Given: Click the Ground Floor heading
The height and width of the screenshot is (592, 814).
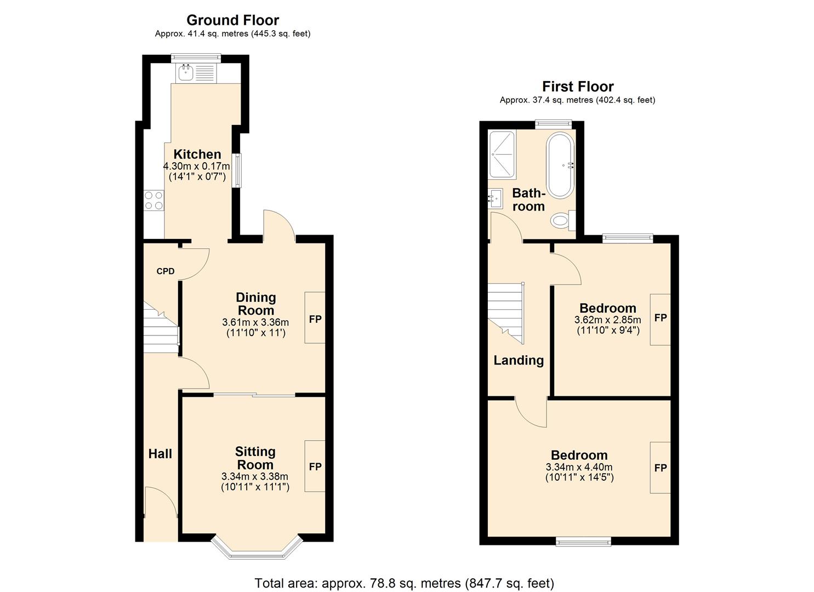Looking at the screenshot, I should [232, 20].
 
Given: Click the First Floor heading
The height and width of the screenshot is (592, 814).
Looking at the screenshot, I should [578, 87].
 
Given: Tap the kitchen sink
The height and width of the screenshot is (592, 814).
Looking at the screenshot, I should [187, 72].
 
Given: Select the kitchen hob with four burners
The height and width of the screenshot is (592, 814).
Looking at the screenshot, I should [153, 200].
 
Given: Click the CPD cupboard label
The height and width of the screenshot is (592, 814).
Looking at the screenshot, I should [165, 271].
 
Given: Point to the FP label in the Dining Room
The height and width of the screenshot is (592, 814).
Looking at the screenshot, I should [315, 319].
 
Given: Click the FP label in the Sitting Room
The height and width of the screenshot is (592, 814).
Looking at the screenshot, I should [315, 466].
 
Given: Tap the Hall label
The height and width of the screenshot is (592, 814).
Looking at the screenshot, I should [160, 454].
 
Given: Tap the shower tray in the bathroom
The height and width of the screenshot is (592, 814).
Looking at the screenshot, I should [502, 155].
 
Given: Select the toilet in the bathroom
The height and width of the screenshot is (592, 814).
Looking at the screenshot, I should [561, 221].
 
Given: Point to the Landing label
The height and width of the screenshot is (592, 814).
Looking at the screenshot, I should [519, 360].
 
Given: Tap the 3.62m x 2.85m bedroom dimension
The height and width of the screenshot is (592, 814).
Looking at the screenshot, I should [607, 320].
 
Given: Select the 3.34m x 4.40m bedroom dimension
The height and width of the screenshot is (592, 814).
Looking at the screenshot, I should [579, 467].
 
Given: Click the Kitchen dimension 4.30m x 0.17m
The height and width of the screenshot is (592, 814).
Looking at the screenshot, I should [196, 166].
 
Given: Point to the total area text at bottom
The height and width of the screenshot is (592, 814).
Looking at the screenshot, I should [404, 583].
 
